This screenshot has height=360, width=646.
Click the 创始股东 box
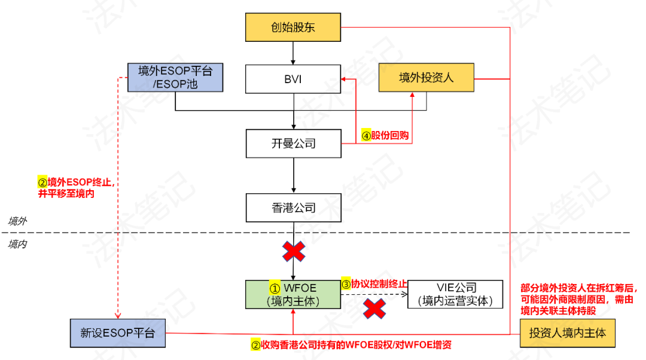click(x=293, y=28)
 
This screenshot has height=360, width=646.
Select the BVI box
click(x=293, y=79)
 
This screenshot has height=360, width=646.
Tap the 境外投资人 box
click(x=426, y=77)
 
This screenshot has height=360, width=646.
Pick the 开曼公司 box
click(x=293, y=144)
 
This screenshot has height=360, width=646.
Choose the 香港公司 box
click(x=293, y=208)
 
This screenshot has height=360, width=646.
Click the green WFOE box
click(x=293, y=294)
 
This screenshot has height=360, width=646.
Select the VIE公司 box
click(x=455, y=294)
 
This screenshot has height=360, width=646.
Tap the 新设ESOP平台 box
click(x=117, y=332)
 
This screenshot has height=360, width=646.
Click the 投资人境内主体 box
click(x=567, y=332)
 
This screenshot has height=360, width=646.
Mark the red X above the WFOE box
click(x=293, y=252)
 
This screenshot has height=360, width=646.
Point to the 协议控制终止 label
click(x=374, y=283)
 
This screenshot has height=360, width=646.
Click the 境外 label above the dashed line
click(x=17, y=221)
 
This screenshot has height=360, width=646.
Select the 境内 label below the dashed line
click(x=17, y=244)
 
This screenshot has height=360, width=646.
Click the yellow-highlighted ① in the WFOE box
click(x=275, y=288)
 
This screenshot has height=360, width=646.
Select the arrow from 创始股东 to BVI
click(x=293, y=53)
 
